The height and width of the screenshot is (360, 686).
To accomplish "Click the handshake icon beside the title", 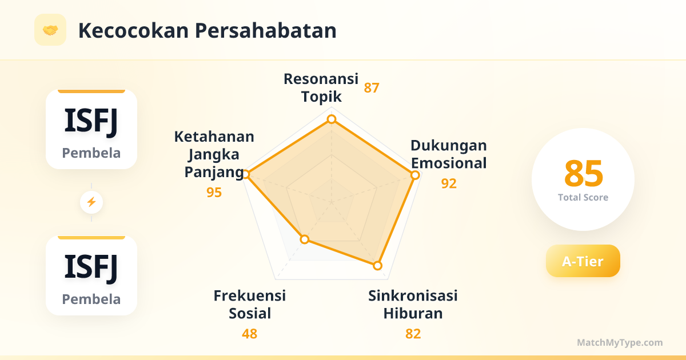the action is tap(50, 30).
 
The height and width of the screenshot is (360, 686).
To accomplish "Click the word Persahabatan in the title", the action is tap(265, 31).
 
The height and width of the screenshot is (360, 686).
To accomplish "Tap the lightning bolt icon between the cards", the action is tap(91, 202).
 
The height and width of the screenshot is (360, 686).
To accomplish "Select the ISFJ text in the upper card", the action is tap(91, 122).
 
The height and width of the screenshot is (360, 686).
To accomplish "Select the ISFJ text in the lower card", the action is tap(91, 267).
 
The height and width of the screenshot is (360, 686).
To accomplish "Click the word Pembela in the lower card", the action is tap(91, 299).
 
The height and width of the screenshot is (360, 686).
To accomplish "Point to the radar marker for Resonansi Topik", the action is tap(332, 119).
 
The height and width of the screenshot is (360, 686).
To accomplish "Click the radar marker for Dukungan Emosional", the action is tap(415, 175).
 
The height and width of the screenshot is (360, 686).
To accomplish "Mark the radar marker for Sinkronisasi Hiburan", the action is tap(378, 265).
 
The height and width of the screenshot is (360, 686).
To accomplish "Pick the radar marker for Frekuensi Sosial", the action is tap(304, 239).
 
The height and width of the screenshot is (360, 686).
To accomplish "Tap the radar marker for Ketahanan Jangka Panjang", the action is tap(246, 174).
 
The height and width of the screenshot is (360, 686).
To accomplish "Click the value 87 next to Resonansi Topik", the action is tap(372, 88).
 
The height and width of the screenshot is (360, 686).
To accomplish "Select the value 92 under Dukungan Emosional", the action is tap(449, 183).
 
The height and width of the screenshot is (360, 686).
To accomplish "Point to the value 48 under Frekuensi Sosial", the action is tap(249, 334).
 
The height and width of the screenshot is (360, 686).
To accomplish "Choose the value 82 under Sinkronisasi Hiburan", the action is tap(413, 334).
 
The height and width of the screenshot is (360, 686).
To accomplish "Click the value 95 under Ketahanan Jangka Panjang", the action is tap(214, 193).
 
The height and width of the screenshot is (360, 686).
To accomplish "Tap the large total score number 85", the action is tap(584, 174).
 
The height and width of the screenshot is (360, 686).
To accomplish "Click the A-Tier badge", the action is tap(583, 261).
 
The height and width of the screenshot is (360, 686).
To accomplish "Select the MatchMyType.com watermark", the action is tap(620, 342).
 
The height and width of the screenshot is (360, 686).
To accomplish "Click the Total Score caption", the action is tap(583, 198).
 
